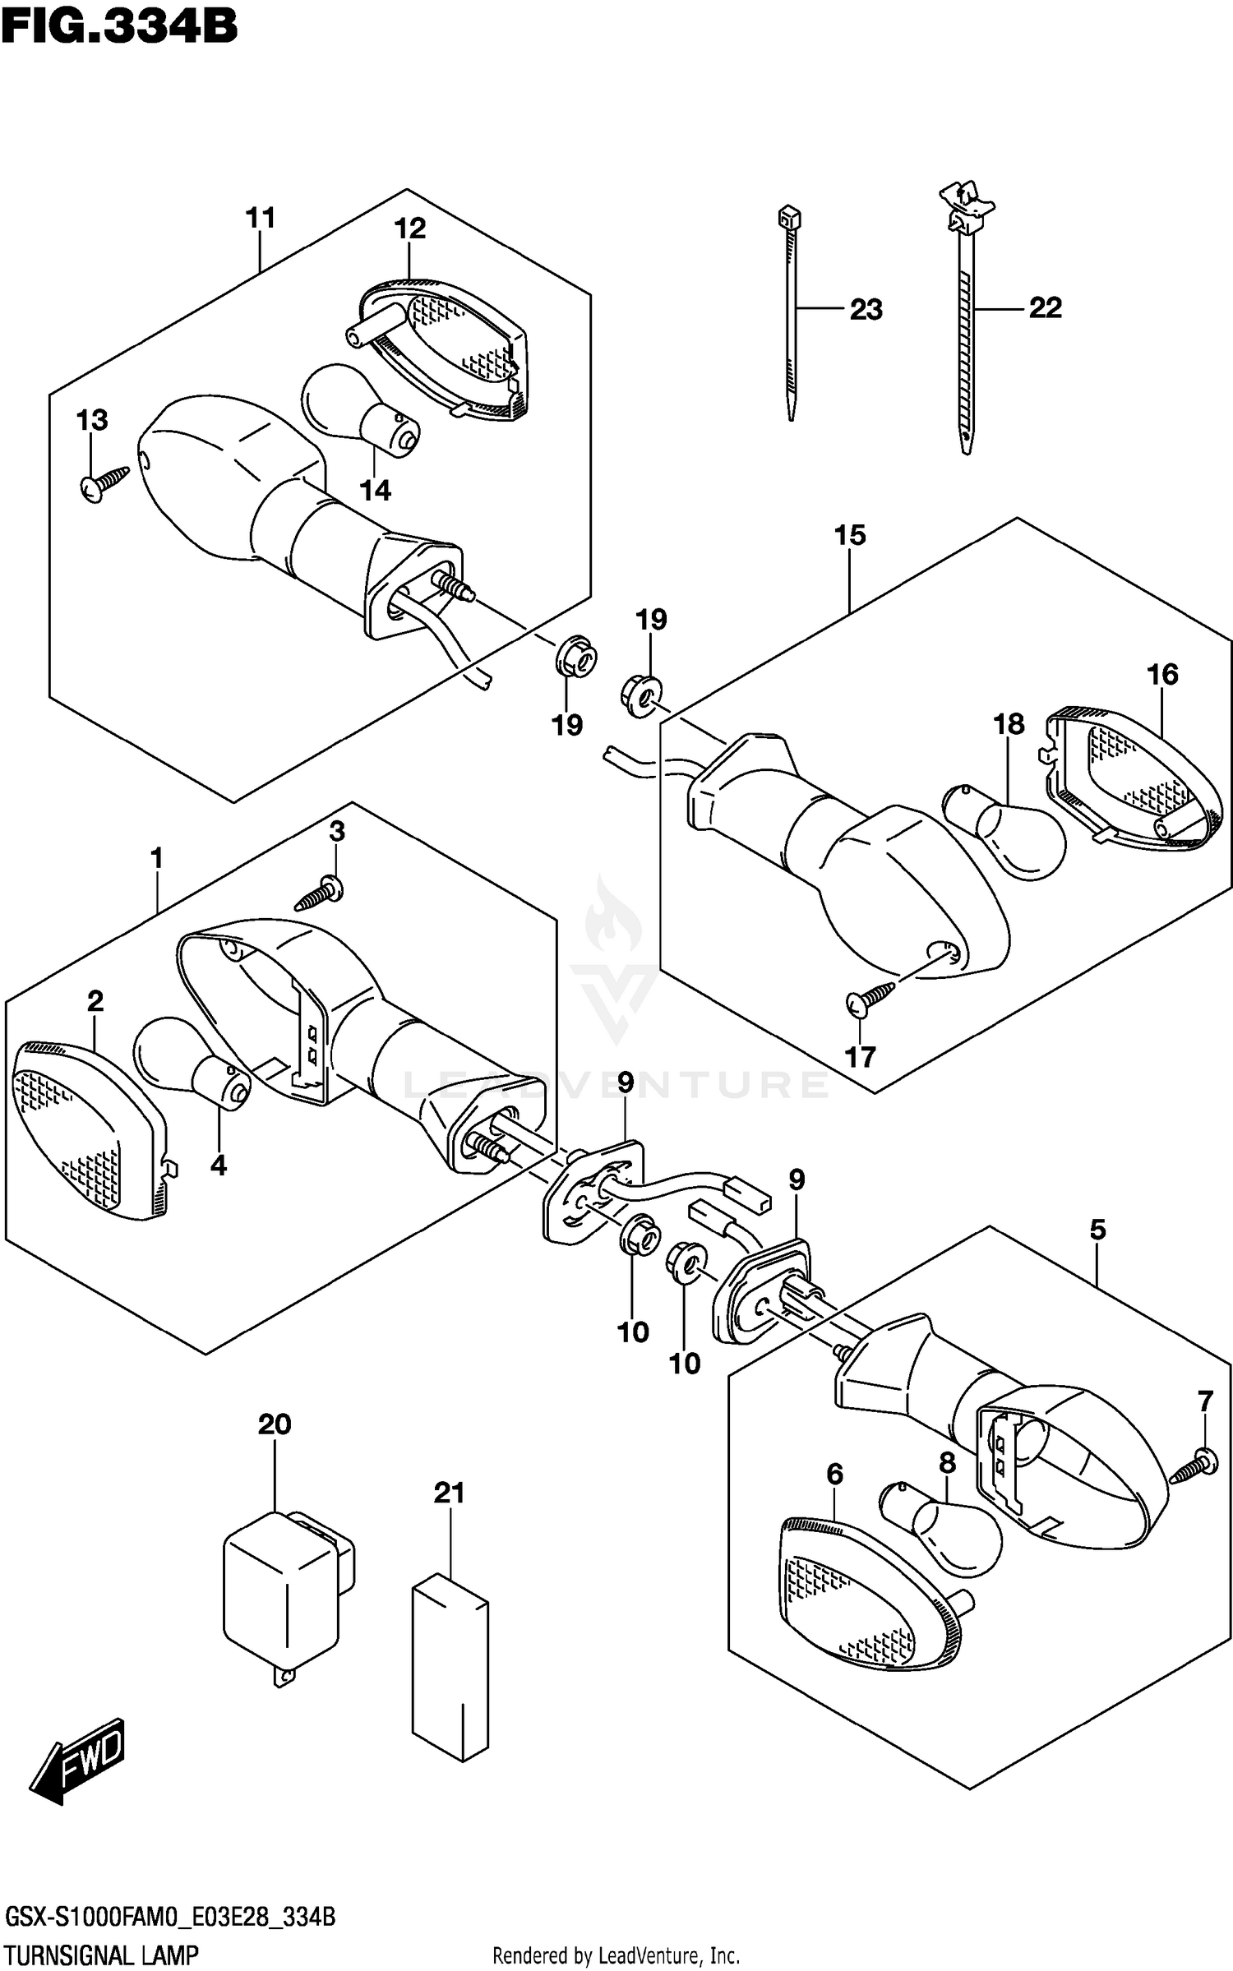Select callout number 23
(866, 310)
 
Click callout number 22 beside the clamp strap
(1045, 308)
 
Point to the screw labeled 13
(104, 482)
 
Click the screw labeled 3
(319, 896)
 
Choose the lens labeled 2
(86, 1130)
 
